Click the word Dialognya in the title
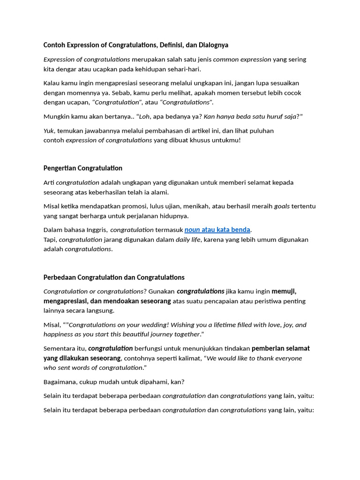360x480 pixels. point(213,45)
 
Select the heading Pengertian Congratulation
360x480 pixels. point(83,168)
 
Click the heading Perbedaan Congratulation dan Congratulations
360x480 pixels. point(114,277)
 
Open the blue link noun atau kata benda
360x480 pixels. point(217,230)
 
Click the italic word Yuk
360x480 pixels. point(49,130)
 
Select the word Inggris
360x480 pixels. point(97,230)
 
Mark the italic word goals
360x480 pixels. point(282,206)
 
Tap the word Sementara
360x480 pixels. point(59,348)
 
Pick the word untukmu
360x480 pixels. point(226,140)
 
